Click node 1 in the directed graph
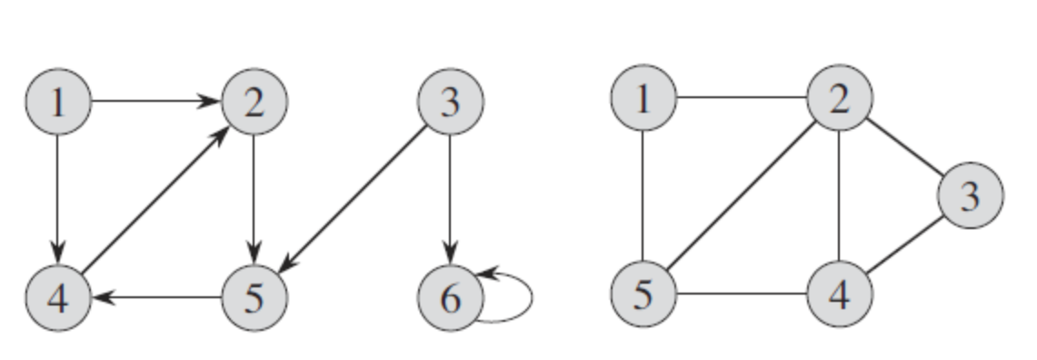point(58,102)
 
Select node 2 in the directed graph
point(254,102)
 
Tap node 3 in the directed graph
point(450,102)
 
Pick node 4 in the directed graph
point(58,297)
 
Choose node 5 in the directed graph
point(254,297)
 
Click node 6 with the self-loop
point(450,297)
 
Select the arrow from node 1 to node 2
point(155,102)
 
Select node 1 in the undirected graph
point(643,98)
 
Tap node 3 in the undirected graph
point(970,195)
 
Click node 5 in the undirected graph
point(643,295)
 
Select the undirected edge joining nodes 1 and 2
point(741,98)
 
